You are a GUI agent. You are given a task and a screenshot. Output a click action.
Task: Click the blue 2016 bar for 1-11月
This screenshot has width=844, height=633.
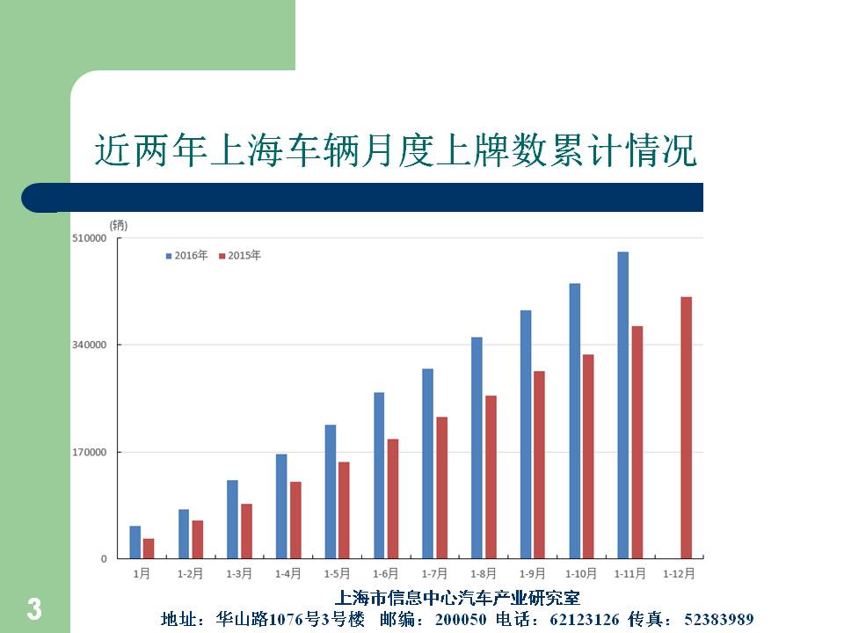[x=622, y=405]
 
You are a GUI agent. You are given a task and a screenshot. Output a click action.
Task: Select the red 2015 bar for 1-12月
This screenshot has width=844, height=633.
[x=686, y=427]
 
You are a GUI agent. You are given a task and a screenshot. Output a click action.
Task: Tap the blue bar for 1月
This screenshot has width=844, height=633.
[x=135, y=542]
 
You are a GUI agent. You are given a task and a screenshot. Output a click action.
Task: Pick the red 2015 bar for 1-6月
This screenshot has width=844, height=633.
[x=393, y=498]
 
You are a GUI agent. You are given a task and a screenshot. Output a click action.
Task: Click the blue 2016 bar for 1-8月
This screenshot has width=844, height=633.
[x=477, y=447]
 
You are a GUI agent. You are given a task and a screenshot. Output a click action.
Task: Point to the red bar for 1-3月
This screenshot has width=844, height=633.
[x=247, y=531]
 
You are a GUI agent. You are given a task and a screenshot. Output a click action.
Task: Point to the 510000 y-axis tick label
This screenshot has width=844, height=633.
[x=91, y=238]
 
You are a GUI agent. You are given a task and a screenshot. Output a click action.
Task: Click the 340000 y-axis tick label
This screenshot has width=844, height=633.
[x=91, y=345]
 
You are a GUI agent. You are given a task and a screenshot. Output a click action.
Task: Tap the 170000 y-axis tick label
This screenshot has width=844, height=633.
[x=91, y=452]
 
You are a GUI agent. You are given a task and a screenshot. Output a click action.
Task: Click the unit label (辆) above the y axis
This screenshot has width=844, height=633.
[x=118, y=225]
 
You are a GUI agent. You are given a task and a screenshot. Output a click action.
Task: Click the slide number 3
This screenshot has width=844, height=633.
[x=33, y=609]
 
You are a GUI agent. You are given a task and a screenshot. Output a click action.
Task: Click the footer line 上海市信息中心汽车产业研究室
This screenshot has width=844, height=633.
[x=458, y=599]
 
